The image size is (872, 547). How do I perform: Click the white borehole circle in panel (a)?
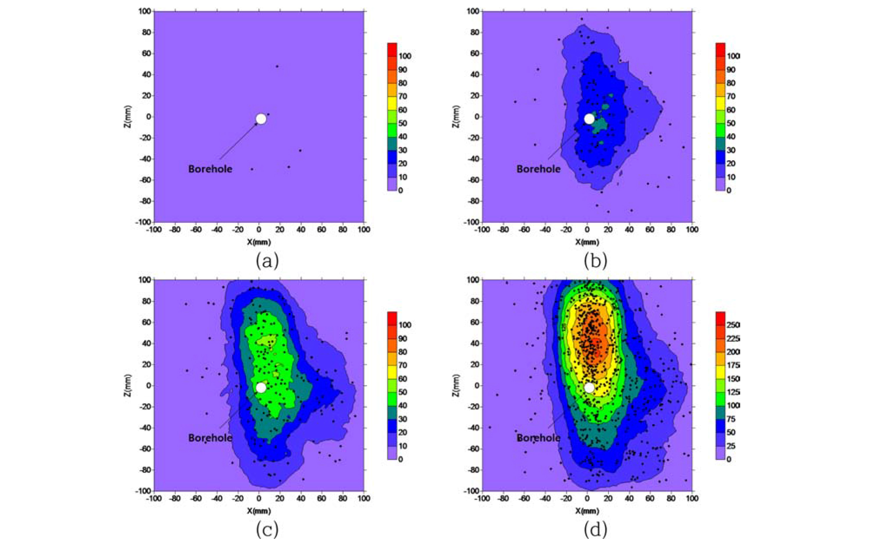261,119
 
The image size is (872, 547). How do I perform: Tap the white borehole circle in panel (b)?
589,119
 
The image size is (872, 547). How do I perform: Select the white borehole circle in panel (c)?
261,387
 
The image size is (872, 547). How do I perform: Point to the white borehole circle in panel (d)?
589,387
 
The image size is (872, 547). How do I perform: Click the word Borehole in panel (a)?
210,169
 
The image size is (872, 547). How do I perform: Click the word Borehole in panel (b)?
538,169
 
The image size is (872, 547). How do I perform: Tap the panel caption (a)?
267,261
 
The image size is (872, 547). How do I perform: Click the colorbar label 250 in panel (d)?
733,325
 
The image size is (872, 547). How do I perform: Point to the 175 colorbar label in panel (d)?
733,365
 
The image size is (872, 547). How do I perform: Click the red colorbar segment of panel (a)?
392,46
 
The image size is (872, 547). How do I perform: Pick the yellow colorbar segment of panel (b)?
720,103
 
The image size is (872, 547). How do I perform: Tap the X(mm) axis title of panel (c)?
259,511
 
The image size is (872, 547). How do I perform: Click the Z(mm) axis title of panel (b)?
456,116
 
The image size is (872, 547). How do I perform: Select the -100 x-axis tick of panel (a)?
154,229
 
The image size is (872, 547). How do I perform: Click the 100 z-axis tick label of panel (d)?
473,280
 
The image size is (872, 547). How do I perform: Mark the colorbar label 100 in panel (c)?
405,325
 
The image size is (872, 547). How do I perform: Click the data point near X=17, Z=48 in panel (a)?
277,66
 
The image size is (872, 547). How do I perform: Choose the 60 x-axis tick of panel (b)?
650,229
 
